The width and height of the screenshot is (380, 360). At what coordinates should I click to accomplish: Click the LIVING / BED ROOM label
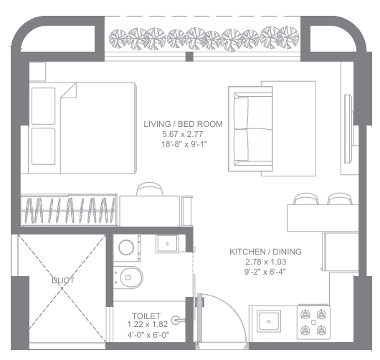tap(183, 124)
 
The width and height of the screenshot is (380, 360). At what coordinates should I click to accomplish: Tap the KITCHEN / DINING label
tap(265, 252)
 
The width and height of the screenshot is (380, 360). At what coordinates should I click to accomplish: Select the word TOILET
tap(146, 316)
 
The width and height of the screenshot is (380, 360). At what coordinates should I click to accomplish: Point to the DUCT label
tap(63, 280)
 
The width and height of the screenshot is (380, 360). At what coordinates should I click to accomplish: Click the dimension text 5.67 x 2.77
tap(183, 134)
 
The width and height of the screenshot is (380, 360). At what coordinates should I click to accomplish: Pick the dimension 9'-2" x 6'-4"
tap(265, 272)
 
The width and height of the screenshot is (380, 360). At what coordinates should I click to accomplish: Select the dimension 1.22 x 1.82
tap(148, 324)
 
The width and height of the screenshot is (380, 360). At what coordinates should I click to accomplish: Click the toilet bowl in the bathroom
tap(128, 278)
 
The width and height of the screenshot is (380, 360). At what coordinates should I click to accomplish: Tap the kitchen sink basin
tap(269, 321)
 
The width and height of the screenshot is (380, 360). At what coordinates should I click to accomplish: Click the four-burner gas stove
tap(313, 323)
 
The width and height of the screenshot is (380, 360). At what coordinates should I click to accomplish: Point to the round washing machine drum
tap(126, 247)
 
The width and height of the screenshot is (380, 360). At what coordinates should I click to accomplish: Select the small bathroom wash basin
tap(167, 244)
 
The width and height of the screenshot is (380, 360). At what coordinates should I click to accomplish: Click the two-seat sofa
tap(250, 129)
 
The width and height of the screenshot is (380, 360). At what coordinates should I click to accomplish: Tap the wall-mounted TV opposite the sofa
tap(348, 129)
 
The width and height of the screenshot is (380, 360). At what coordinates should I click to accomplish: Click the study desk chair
tap(150, 189)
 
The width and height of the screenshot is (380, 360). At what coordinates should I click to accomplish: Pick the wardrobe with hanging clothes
tap(69, 210)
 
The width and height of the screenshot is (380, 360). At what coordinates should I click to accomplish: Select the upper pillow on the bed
tap(44, 106)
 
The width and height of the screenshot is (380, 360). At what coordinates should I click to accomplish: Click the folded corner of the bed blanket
tap(69, 90)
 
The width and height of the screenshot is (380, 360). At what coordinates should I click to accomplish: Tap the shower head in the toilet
tap(178, 321)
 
